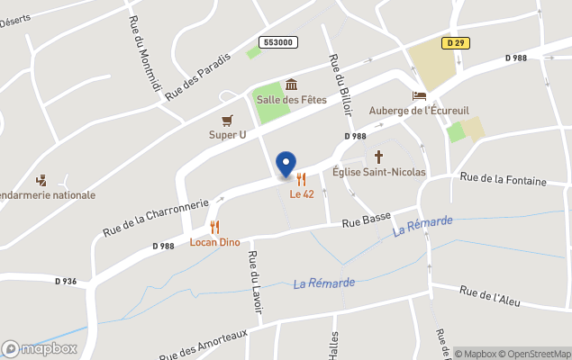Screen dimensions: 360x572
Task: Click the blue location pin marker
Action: coord(286,164)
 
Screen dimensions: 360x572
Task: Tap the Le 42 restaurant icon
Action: coord(301,179)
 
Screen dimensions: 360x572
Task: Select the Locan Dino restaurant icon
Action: coord(214,228)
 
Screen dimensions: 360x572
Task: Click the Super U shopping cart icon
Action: coord(227,120)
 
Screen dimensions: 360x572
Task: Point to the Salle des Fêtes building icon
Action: coord(291,85)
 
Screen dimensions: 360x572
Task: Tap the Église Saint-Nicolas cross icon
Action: coord(379,156)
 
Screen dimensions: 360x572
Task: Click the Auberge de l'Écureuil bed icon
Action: coord(419,96)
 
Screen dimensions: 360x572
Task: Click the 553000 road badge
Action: coord(279,42)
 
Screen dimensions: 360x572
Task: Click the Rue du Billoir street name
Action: coord(340,85)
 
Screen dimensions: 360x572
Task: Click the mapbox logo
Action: coord(41,348)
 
